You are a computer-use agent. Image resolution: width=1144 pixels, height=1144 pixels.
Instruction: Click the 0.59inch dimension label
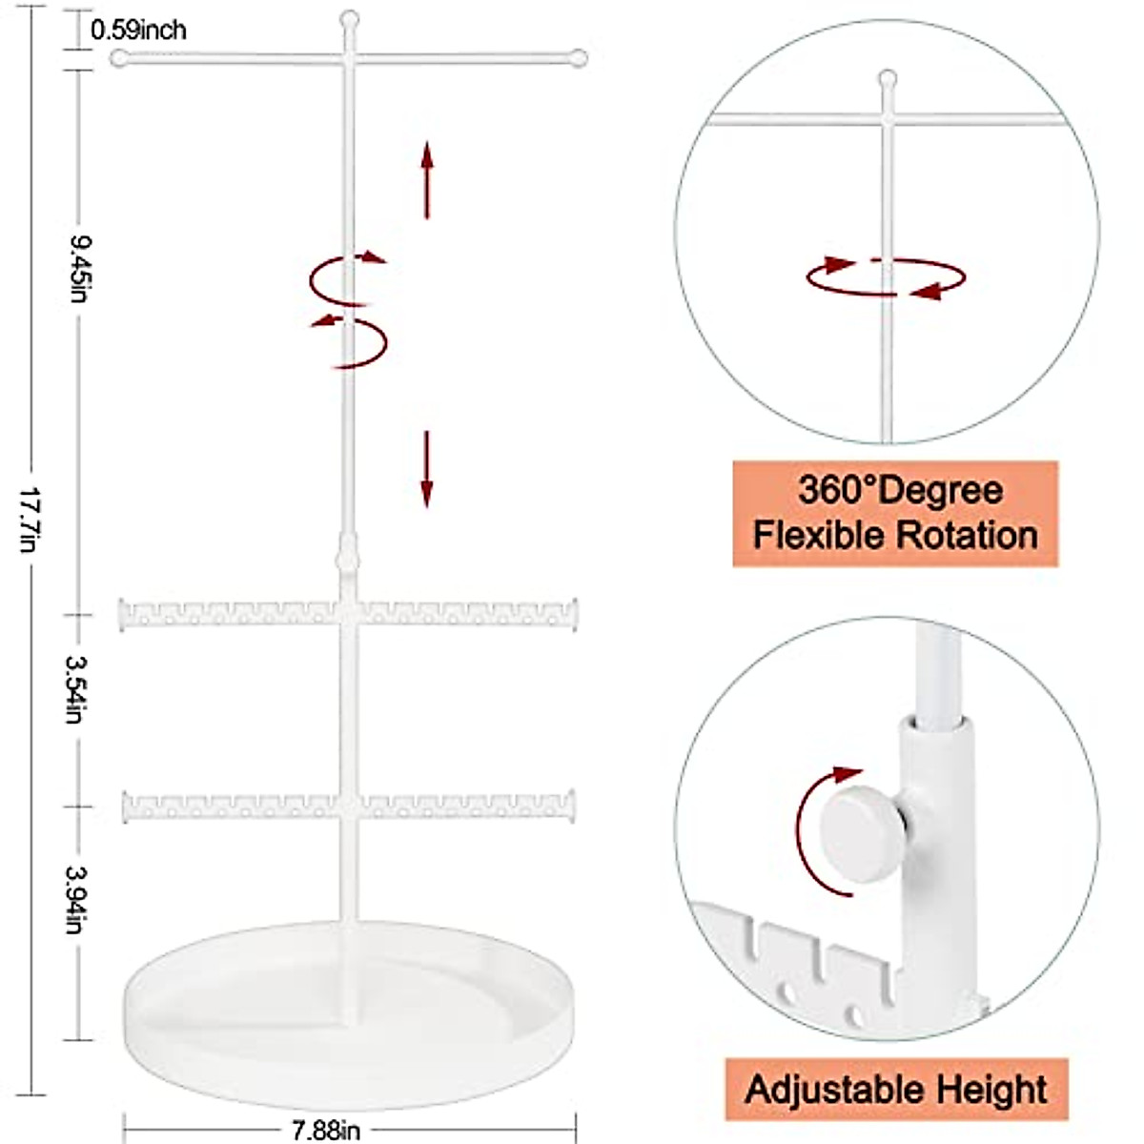pyautogui.click(x=138, y=30)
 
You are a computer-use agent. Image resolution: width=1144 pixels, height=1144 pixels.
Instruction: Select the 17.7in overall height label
pyautogui.click(x=30, y=521)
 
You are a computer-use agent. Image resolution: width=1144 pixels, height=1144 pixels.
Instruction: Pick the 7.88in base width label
pyautogui.click(x=325, y=1130)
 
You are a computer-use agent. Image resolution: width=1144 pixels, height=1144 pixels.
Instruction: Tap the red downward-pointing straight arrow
pyautogui.click(x=427, y=467)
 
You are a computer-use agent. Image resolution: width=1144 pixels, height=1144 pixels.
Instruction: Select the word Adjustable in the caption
pyautogui.click(x=826, y=1089)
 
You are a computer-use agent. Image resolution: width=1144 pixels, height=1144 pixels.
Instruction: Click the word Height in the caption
pyautogui.click(x=991, y=1089)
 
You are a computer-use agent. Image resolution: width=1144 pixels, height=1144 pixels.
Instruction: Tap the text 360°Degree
pyautogui.click(x=900, y=491)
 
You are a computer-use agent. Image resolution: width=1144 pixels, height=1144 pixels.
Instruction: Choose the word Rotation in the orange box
pyautogui.click(x=968, y=535)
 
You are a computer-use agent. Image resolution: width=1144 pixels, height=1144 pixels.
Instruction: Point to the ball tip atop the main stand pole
pyautogui.click(x=350, y=18)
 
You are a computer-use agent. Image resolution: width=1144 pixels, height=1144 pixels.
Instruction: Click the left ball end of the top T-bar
pyautogui.click(x=119, y=58)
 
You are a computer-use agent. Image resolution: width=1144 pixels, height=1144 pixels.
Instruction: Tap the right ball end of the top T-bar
pyautogui.click(x=577, y=59)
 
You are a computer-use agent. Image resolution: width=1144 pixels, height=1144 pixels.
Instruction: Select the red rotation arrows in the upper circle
pyautogui.click(x=887, y=276)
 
